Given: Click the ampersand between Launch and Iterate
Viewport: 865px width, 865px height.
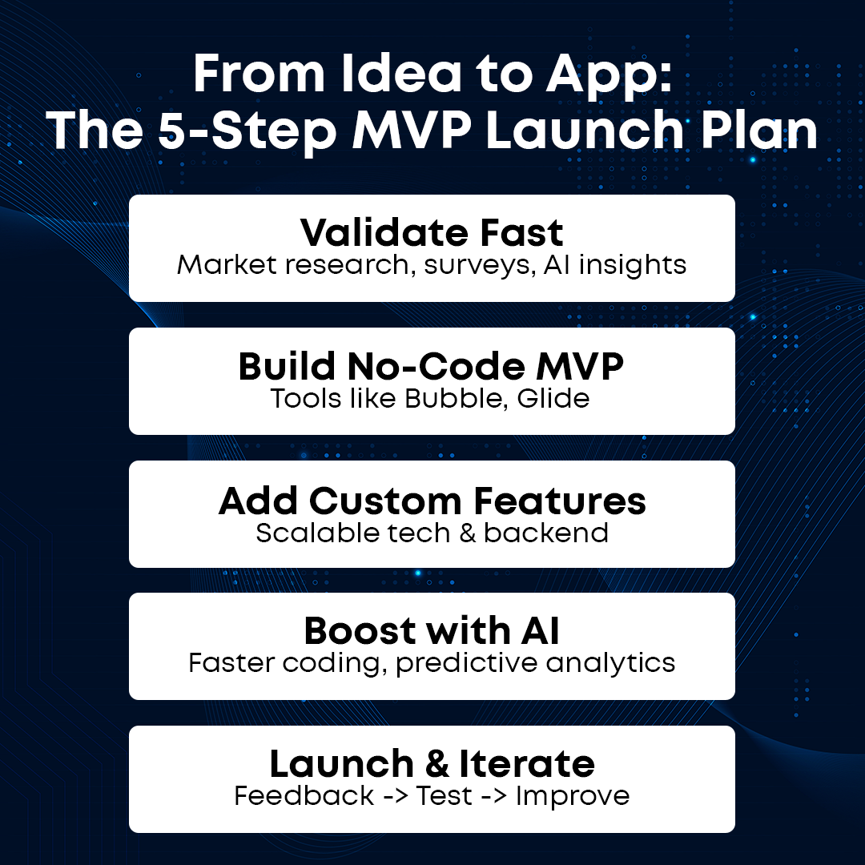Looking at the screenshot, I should click(x=437, y=764).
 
